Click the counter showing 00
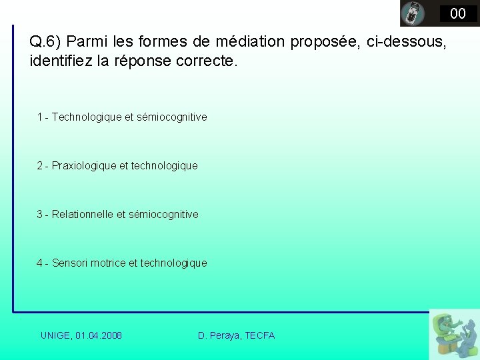457,13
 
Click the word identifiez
61,61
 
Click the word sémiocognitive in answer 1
171,117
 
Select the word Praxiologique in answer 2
84,166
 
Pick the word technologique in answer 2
164,166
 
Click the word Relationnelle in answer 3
83,215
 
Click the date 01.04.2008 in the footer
99,335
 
